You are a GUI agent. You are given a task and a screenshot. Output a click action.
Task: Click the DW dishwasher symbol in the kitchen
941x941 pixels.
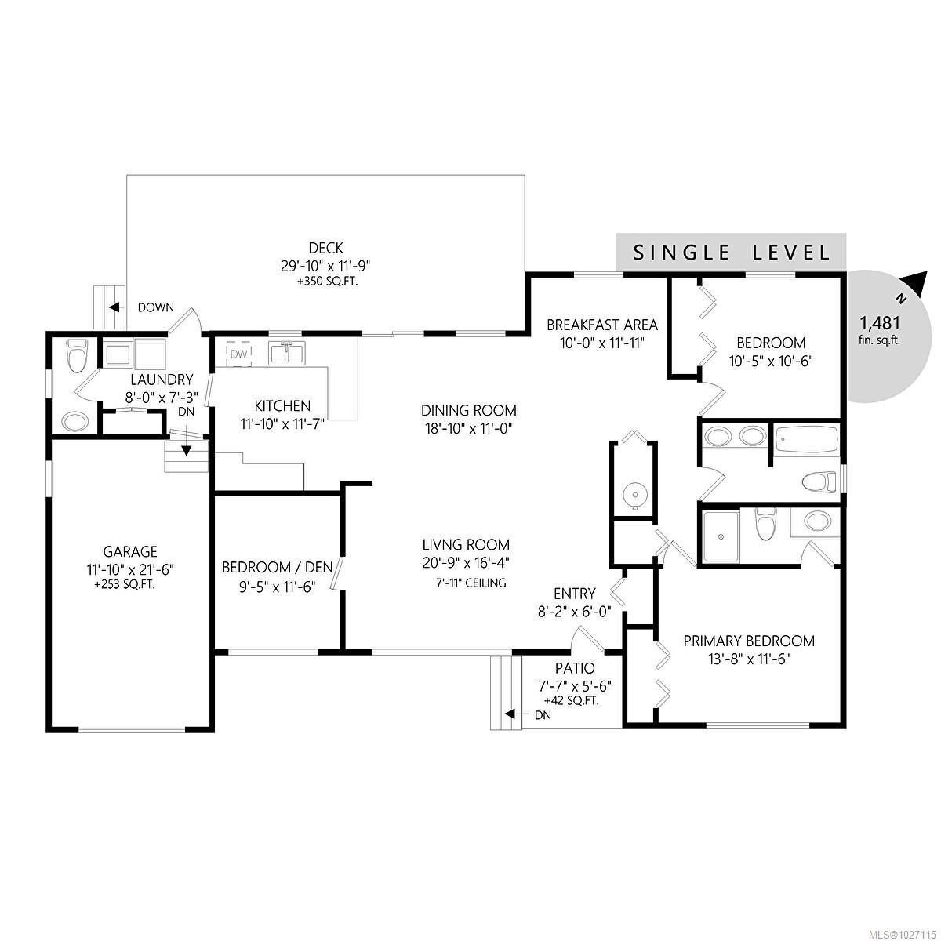(x=238, y=355)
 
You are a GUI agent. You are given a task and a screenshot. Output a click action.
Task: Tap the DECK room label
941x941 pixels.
(x=327, y=249)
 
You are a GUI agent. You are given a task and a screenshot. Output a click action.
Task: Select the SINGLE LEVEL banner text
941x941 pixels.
(x=731, y=253)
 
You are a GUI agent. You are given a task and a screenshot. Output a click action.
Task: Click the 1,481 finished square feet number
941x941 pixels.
(x=879, y=322)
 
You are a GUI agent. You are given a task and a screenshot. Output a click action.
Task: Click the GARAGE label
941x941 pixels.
(x=130, y=551)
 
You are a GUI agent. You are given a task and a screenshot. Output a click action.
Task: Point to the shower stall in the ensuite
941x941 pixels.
(x=721, y=537)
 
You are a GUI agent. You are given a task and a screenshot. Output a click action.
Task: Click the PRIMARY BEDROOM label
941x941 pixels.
(x=748, y=641)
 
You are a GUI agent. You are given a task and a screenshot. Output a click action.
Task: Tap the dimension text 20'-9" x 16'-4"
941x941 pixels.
(x=466, y=562)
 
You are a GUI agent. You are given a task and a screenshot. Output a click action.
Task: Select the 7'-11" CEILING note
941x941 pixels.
(x=470, y=583)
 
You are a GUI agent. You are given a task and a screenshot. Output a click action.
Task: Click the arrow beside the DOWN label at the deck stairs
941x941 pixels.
(x=114, y=307)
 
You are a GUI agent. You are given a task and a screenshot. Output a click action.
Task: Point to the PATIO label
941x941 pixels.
(x=575, y=668)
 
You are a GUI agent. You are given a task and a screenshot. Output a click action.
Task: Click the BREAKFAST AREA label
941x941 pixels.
(x=601, y=325)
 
